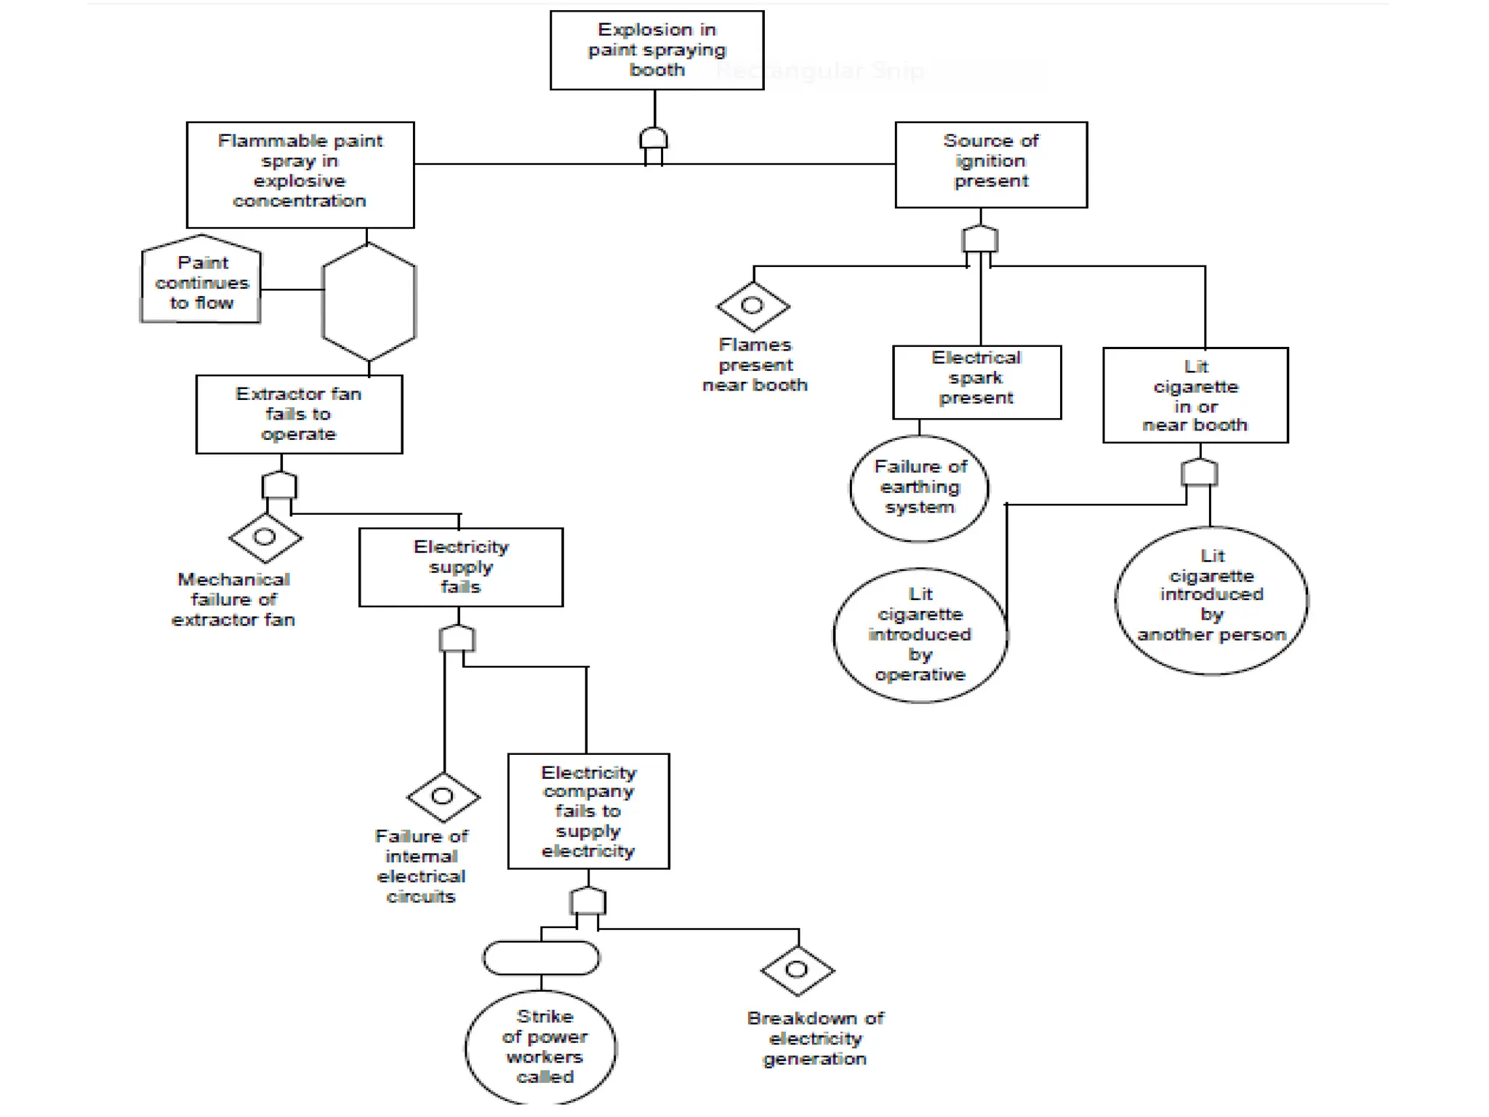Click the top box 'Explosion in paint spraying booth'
tap(657, 50)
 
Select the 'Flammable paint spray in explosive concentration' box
tap(300, 175)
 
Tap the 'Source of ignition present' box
tap(991, 164)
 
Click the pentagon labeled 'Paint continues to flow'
tap(201, 282)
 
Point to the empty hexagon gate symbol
tap(369, 302)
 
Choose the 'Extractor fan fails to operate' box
tap(299, 415)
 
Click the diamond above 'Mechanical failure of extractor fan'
tap(265, 538)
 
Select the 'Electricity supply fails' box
tap(461, 567)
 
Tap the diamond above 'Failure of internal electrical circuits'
tap(443, 797)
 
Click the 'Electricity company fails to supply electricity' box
tap(588, 811)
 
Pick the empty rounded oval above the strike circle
tap(542, 958)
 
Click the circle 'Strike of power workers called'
tap(542, 1047)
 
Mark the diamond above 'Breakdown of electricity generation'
tap(798, 970)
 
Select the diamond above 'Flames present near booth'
tap(753, 306)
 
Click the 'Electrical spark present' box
tap(976, 382)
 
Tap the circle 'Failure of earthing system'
tap(920, 488)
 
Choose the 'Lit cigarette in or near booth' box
tap(1195, 395)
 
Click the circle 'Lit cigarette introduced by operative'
tap(920, 635)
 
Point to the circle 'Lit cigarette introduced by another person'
tap(1211, 600)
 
